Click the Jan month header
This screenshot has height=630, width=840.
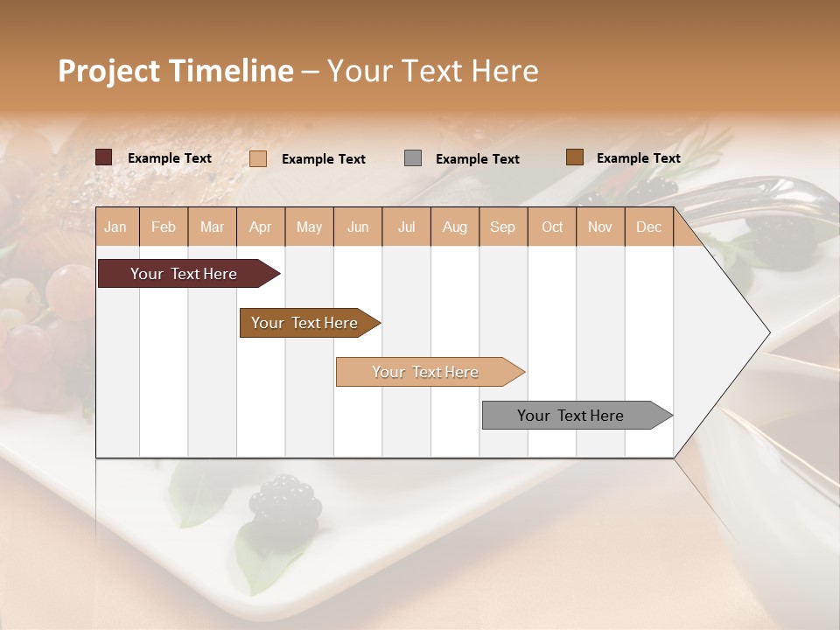click(115, 227)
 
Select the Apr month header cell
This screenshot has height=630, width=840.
click(260, 227)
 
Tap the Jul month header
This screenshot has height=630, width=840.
click(406, 227)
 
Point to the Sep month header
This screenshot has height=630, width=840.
click(502, 227)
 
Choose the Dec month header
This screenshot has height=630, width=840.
click(648, 227)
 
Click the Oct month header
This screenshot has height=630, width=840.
click(552, 227)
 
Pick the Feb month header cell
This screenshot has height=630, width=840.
click(164, 227)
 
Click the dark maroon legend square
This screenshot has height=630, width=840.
click(104, 157)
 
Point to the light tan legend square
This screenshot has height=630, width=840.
click(258, 158)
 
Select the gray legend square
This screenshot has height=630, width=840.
click(413, 158)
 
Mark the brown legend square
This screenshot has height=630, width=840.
click(575, 157)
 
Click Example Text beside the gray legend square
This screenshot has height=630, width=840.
click(477, 159)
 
